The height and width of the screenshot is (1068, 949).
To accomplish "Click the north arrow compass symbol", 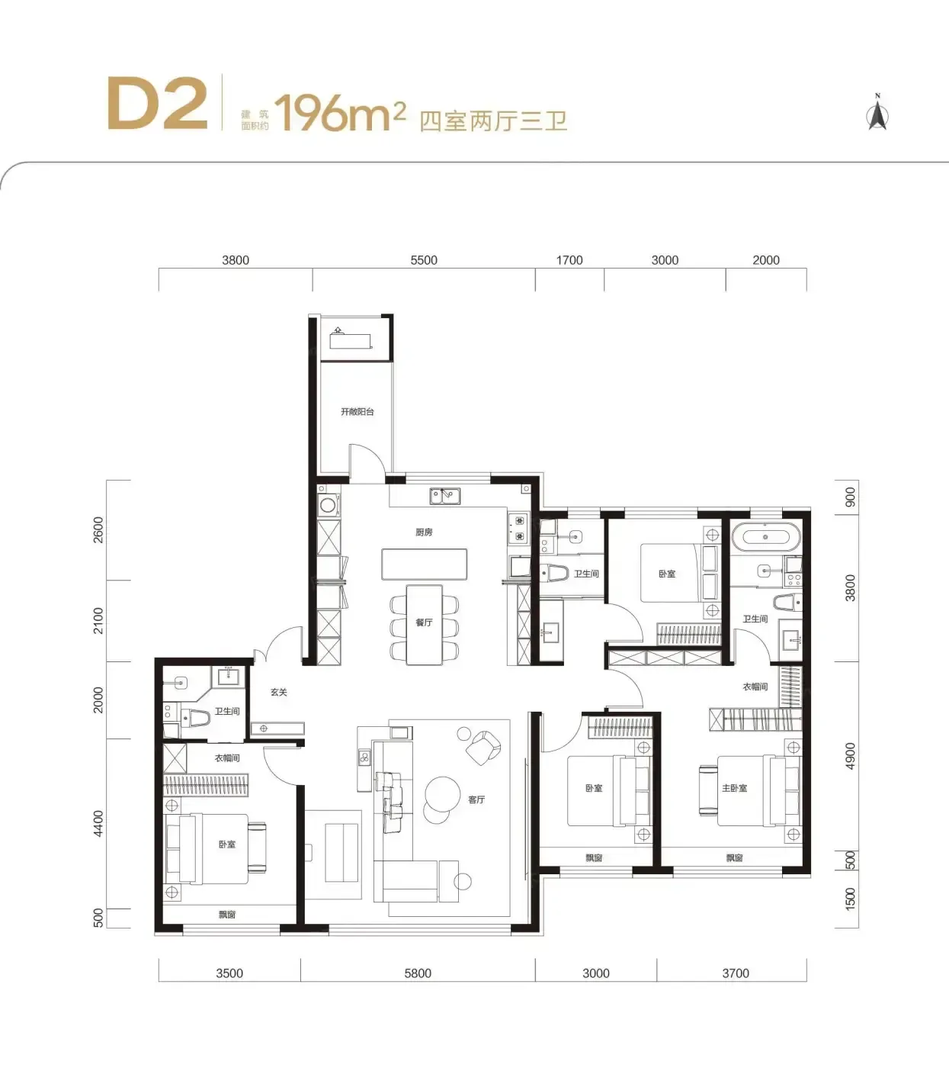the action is (877, 111).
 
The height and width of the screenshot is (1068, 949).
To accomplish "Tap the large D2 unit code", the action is (157, 103).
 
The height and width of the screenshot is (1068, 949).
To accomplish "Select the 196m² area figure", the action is (340, 112).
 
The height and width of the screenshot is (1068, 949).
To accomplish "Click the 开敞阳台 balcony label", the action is (357, 412).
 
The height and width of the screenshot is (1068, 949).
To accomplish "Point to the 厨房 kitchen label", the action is (424, 532).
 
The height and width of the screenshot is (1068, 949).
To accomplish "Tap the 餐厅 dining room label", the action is (424, 622).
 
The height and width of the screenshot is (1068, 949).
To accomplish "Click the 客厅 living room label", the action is (476, 799).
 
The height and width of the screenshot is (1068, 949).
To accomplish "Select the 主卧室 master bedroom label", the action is (734, 788).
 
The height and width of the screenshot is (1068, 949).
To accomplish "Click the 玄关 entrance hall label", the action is (278, 692).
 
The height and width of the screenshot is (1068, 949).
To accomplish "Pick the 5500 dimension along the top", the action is (424, 260).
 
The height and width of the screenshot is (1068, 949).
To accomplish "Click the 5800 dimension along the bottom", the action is (418, 973).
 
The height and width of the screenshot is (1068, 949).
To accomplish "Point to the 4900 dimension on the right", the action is (850, 756).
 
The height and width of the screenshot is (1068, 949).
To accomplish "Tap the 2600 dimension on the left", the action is (98, 529).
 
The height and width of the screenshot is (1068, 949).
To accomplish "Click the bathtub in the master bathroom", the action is (765, 537).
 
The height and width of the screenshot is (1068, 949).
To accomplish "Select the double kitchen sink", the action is (445, 496).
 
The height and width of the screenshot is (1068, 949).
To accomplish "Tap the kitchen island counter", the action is (424, 564).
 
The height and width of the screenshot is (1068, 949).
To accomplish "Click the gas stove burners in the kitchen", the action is (519, 529).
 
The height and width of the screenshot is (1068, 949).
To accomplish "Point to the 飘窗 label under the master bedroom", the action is (734, 858).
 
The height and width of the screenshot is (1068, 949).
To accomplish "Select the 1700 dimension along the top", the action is (569, 260).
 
